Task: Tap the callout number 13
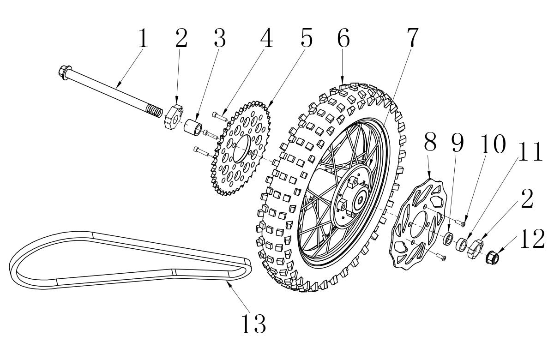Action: click(253, 324)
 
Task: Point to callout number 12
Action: click(532, 239)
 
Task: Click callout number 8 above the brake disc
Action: click(430, 143)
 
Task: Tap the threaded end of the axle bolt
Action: click(155, 111)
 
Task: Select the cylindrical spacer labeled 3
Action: click(193, 127)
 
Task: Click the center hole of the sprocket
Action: click(241, 149)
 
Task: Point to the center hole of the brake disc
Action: click(418, 224)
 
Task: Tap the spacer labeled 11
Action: click(462, 244)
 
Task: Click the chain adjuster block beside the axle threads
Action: click(174, 116)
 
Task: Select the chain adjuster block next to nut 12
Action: click(475, 249)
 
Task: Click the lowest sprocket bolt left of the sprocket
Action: click(202, 151)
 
